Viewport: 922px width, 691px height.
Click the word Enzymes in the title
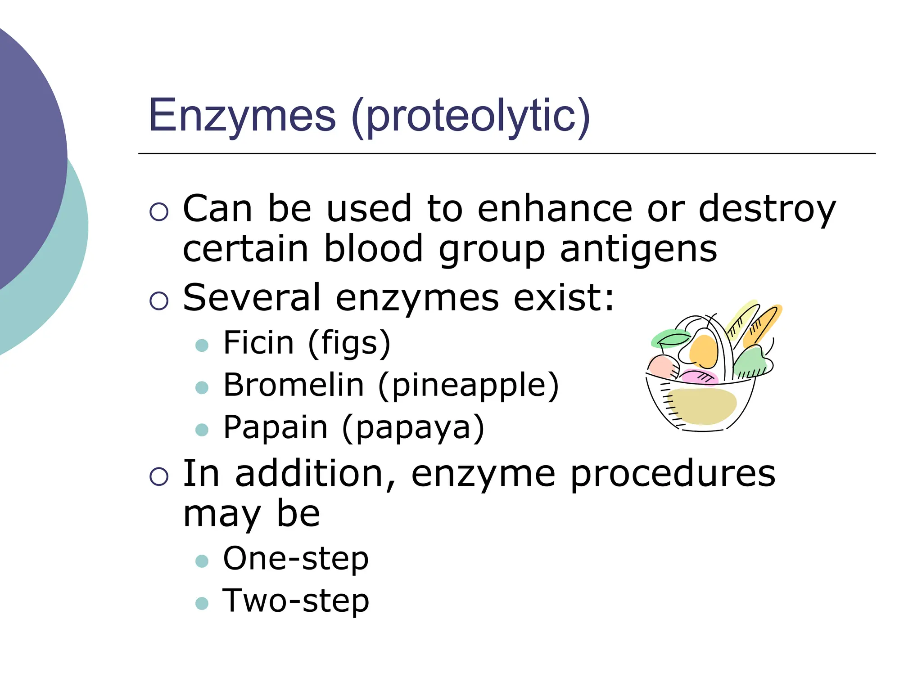click(242, 116)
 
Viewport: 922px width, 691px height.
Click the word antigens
click(638, 250)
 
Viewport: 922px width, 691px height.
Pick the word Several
click(251, 297)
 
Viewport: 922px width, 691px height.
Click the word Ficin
click(258, 343)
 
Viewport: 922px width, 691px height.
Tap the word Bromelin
click(293, 385)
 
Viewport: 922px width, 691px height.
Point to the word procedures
click(673, 474)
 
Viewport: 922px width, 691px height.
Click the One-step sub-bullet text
click(296, 559)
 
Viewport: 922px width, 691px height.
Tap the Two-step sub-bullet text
click(296, 601)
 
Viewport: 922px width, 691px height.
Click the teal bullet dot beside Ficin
click(202, 345)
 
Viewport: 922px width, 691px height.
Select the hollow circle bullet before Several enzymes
click(159, 301)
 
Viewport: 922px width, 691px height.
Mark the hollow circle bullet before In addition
click(159, 476)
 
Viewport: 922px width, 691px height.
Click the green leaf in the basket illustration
click(669, 338)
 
